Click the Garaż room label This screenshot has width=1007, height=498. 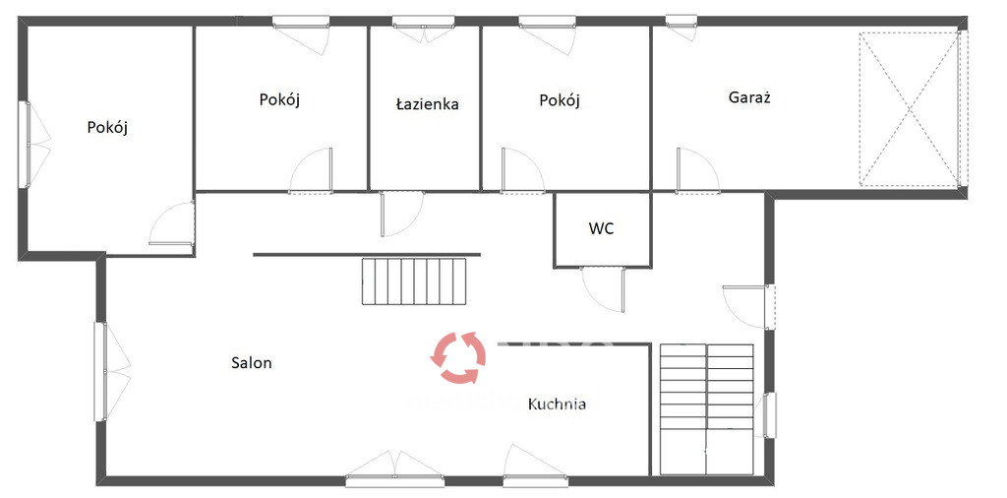click(748, 97)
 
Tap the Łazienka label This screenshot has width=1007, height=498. click(427, 104)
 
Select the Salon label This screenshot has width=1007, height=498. click(252, 362)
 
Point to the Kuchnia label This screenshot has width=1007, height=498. click(557, 405)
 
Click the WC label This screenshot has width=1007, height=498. click(601, 228)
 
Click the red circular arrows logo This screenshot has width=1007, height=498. click(458, 357)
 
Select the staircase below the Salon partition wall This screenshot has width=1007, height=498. click(414, 281)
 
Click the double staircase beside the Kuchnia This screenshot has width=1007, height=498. click(706, 409)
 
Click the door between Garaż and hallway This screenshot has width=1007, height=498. click(697, 170)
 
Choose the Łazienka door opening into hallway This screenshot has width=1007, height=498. click(401, 214)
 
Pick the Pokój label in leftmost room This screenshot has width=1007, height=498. click(107, 127)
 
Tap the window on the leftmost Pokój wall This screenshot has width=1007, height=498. click(25, 145)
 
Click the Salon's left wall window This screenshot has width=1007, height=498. click(100, 371)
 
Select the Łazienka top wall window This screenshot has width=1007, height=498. click(423, 22)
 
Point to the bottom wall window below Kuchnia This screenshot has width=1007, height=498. click(535, 480)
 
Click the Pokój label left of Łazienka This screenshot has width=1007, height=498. click(280, 99)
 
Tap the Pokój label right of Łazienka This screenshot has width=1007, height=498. click(560, 100)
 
